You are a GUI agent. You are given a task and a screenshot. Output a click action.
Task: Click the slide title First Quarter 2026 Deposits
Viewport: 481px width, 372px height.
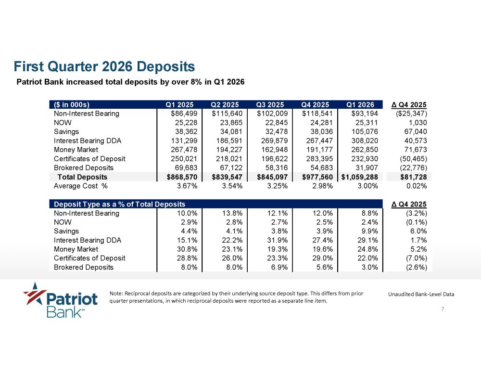(104, 66)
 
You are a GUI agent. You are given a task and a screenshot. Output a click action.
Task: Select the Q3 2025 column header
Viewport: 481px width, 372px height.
(270, 104)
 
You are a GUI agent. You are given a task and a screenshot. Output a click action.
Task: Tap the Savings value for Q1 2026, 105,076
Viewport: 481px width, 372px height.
(365, 132)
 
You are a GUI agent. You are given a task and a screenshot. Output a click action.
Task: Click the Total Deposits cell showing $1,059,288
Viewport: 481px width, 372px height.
(359, 177)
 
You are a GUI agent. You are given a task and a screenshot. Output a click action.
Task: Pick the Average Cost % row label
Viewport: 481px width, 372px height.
(81, 186)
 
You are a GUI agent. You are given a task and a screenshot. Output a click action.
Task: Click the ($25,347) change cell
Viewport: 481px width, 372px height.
(411, 114)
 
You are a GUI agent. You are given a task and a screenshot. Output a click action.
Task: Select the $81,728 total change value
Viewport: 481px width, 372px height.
(414, 177)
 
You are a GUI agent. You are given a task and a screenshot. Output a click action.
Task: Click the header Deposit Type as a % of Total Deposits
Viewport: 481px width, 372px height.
(120, 205)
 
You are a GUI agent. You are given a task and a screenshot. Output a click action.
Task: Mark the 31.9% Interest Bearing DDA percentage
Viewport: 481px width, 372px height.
(278, 240)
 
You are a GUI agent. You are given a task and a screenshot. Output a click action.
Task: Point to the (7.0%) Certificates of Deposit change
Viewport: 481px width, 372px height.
(416, 258)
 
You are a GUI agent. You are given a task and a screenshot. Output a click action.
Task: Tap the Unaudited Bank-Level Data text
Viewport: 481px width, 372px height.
(421, 294)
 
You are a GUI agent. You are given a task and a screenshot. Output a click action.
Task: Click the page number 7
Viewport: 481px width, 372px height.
(443, 309)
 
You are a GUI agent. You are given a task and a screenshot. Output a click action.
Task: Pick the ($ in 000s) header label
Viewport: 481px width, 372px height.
(72, 104)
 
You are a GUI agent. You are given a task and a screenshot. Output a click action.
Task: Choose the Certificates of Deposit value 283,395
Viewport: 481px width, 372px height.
(319, 159)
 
